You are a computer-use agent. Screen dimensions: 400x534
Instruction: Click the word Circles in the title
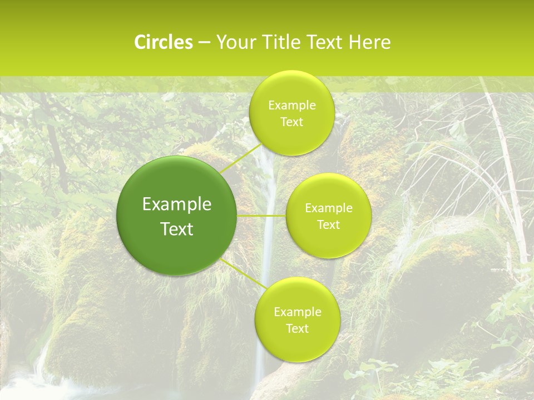pyautogui.click(x=163, y=42)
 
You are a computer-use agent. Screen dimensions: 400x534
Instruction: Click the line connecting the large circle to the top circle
pyautogui.click(x=240, y=158)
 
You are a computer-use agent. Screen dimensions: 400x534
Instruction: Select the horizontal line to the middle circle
pyautogui.click(x=261, y=216)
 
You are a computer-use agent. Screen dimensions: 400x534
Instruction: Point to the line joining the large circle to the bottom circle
pyautogui.click(x=243, y=273)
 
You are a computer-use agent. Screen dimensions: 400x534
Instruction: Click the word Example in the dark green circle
pyautogui.click(x=177, y=204)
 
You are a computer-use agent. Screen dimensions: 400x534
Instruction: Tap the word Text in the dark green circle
pyautogui.click(x=177, y=229)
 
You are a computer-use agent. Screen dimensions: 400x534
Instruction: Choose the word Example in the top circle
pyautogui.click(x=291, y=106)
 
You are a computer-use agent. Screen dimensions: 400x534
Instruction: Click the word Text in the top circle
pyautogui.click(x=291, y=122)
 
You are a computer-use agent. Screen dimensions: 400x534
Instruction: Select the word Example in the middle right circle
pyautogui.click(x=329, y=208)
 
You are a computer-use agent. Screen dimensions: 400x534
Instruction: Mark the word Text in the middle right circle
pyautogui.click(x=329, y=225)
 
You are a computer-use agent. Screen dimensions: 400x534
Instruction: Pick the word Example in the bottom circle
pyautogui.click(x=297, y=312)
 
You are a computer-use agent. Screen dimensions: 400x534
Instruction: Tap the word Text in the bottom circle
pyautogui.click(x=297, y=329)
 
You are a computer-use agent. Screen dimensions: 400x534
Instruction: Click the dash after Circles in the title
pyautogui.click(x=204, y=43)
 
